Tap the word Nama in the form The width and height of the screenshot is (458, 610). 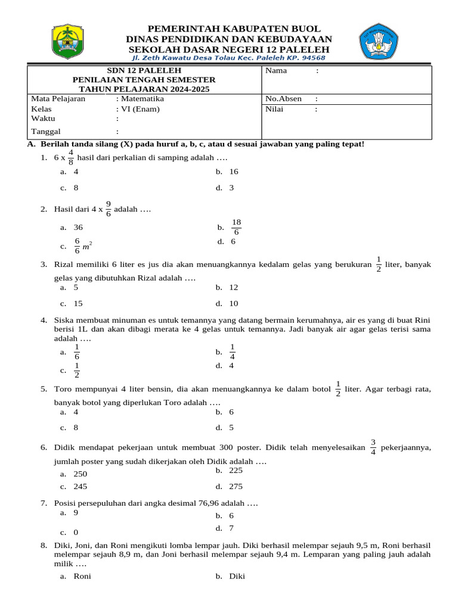276,71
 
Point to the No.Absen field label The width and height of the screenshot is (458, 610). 283,99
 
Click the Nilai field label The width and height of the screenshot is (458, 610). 274,109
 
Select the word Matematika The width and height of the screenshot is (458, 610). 142,99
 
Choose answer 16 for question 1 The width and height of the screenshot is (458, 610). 233,172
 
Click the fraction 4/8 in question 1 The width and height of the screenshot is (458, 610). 71,157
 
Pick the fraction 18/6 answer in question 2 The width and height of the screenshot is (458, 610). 236,227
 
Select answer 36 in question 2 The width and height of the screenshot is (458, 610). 78,228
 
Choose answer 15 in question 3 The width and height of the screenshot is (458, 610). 78,303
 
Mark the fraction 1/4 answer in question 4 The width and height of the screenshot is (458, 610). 232,351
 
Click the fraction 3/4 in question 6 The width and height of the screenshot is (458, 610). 373,447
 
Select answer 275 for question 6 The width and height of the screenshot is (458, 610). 236,486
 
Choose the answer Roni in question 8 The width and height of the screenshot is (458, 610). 82,576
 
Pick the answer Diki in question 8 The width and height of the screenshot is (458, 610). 237,576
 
